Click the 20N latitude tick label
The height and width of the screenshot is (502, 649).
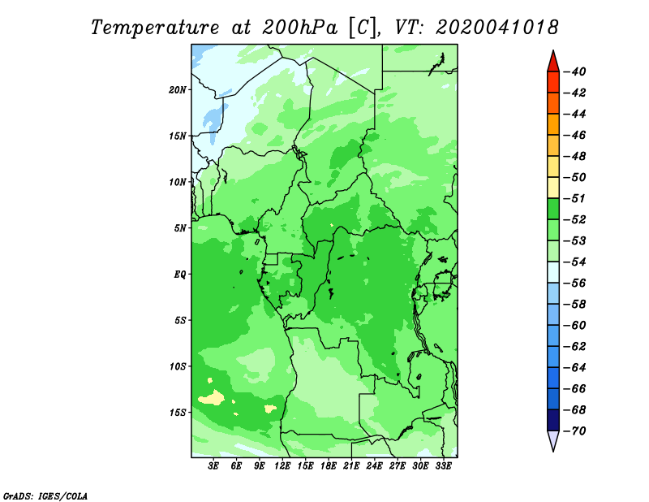(178, 90)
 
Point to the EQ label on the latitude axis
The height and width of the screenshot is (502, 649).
(180, 275)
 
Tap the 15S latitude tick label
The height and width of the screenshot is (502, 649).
(178, 413)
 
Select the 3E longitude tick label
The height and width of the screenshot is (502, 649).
(213, 466)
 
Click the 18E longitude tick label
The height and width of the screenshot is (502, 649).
(329, 466)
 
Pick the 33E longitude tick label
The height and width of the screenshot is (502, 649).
(443, 466)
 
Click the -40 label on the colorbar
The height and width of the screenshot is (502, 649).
(575, 71)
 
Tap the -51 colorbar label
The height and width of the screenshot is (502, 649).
(575, 198)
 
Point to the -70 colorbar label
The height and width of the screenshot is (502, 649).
(575, 431)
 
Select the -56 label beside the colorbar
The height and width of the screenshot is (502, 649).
(575, 283)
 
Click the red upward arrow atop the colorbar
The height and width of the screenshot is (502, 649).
(553, 62)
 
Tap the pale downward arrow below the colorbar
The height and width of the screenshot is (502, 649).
(553, 440)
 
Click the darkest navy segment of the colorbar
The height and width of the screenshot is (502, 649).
(553, 420)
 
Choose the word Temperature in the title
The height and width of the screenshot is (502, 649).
(154, 28)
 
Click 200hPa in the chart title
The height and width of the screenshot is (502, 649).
(299, 28)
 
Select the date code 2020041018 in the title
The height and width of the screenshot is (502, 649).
(497, 28)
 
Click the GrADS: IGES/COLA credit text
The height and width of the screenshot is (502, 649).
(45, 496)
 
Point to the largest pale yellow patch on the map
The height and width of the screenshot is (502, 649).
(212, 398)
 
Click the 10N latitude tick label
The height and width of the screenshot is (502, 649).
(178, 182)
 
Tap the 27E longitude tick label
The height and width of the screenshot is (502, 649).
(397, 466)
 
